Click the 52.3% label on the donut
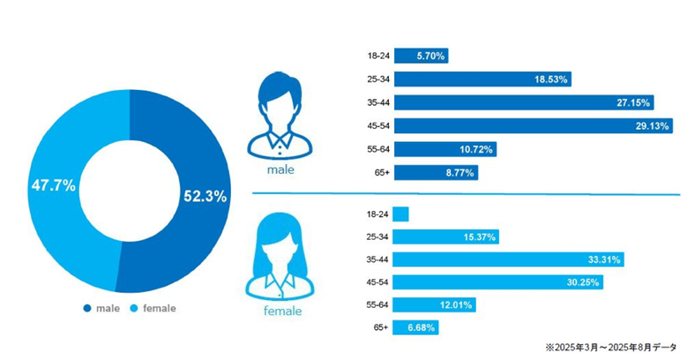(205, 197)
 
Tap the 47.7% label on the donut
(54, 187)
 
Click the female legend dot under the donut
(133, 309)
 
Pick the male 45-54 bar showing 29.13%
(533, 126)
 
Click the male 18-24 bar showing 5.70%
(421, 56)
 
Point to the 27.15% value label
(633, 102)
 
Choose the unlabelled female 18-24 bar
(400, 214)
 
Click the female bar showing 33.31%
(509, 259)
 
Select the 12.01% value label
(456, 305)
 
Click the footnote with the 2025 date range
(612, 347)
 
